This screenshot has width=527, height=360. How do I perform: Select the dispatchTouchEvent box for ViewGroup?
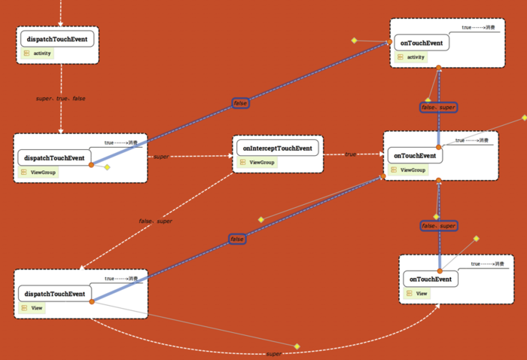pos(54,157)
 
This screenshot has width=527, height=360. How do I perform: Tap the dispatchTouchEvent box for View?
pos(54,294)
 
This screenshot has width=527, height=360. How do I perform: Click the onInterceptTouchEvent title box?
pos(277,148)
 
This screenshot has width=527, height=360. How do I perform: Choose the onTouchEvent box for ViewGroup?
pos(415,156)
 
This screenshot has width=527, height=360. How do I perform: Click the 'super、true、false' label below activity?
pos(61,99)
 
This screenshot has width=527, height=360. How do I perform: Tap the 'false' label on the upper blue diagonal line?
pos(240,102)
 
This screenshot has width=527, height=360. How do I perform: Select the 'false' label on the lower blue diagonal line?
pos(237,239)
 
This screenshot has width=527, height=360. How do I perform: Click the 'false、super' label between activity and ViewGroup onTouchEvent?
pos(438,107)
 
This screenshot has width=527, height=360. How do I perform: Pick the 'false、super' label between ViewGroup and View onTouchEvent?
pos(438,225)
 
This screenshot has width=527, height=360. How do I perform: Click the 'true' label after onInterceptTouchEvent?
pos(351,154)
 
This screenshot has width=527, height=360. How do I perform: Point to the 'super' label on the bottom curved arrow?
pos(274,353)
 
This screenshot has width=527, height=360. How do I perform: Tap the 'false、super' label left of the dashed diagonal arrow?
pos(156,221)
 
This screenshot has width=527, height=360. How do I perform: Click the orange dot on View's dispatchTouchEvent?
pos(91,301)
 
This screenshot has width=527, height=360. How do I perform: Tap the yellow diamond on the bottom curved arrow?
pos(297,346)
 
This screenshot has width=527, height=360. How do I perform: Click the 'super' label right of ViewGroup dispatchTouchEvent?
pos(160,157)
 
